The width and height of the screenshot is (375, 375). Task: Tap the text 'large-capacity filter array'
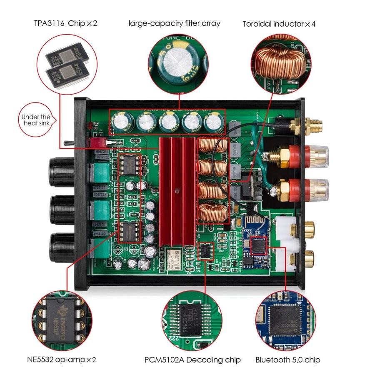pyautogui.click(x=174, y=23)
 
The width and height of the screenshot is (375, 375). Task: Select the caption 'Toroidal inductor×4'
pyautogui.click(x=279, y=24)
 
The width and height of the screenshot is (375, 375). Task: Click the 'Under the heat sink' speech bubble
pyautogui.click(x=36, y=120)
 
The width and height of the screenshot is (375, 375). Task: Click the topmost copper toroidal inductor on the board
pyautogui.click(x=212, y=146)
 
